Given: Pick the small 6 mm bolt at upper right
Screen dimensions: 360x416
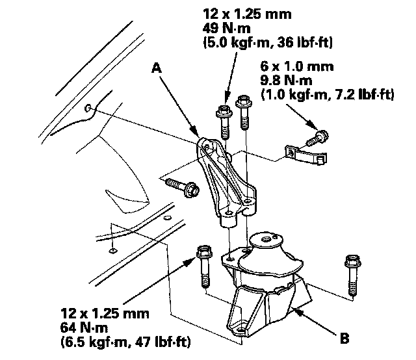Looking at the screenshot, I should (x=320, y=138).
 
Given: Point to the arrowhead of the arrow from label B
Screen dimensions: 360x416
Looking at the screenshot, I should (x=294, y=310).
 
